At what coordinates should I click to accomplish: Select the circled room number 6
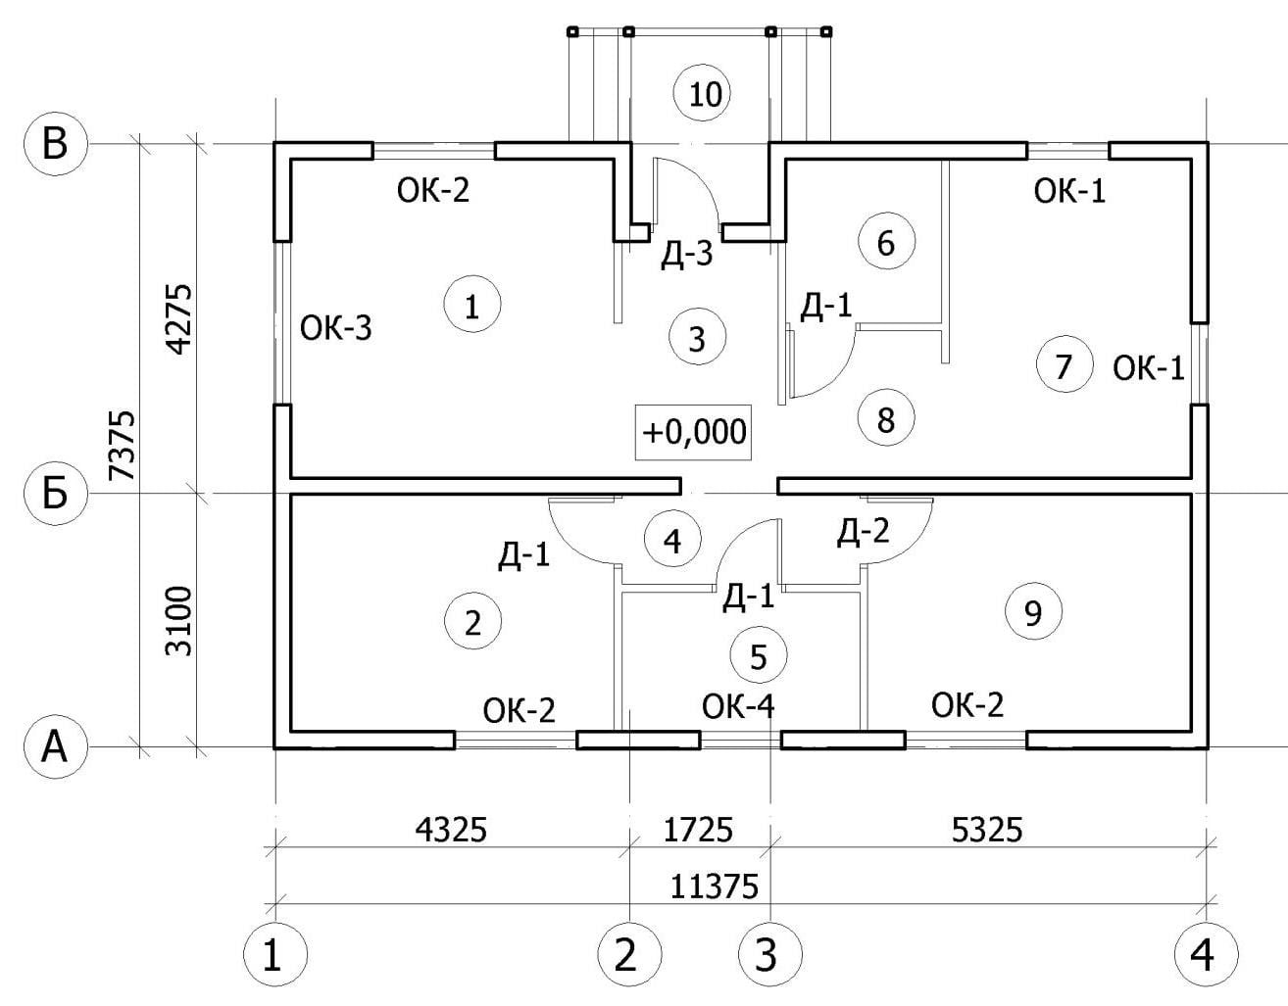point(885,242)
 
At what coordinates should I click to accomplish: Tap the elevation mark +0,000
point(694,431)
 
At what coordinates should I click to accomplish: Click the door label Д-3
point(686,257)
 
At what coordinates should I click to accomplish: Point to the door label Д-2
point(864,532)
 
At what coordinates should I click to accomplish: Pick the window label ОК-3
point(336,328)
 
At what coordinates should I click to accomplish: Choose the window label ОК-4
point(738,705)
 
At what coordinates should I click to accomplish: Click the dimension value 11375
point(715,886)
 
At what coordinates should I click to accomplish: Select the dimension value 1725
point(698,830)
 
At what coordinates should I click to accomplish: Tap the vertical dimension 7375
point(122,445)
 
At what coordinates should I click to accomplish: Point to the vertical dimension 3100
point(178,621)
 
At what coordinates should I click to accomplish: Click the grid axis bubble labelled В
point(56,143)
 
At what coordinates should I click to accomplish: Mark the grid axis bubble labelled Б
point(56,494)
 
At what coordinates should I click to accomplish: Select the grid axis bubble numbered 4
point(1206,952)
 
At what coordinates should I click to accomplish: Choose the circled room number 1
point(471,306)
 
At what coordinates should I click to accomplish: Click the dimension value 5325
point(987,830)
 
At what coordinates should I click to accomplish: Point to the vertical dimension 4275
point(178,319)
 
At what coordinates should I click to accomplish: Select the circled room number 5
point(759,656)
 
